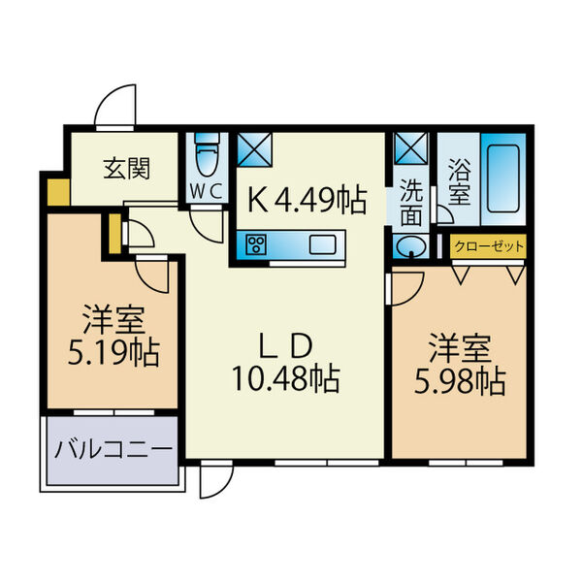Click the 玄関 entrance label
126,168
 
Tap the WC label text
208,190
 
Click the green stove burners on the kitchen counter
258,244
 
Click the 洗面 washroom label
412,200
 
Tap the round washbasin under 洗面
411,246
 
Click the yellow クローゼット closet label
489,246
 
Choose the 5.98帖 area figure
461,381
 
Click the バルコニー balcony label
113,450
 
